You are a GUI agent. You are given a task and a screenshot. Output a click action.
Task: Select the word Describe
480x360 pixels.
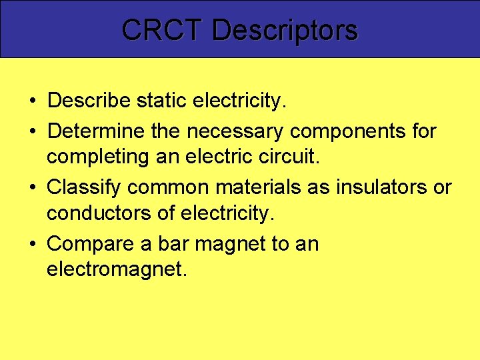click(x=89, y=101)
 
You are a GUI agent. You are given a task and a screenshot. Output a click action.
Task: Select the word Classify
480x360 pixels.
click(x=85, y=187)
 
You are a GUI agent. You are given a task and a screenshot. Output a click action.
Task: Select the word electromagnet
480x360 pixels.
click(x=113, y=269)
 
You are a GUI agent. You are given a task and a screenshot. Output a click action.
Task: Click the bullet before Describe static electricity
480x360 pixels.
click(x=32, y=101)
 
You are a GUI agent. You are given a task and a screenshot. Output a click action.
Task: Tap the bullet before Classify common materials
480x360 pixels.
click(x=32, y=188)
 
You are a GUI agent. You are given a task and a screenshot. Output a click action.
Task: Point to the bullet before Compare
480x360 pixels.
click(x=32, y=245)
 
